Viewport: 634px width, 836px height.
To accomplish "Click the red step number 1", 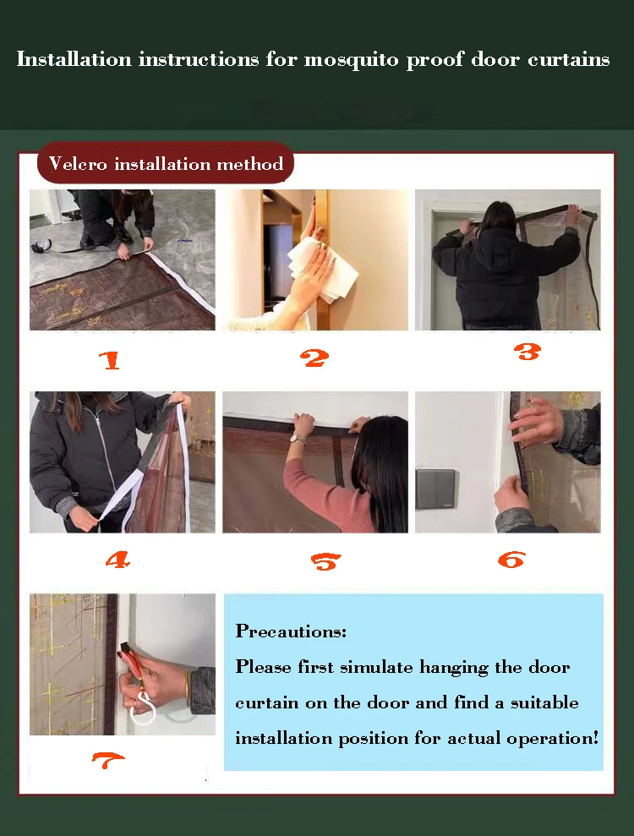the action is pos(110,360).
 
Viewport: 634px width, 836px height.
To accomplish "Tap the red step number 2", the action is pos(314,358).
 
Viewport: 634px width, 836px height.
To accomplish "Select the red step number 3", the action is pos(527,352).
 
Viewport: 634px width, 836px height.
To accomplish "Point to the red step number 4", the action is pos(118,560).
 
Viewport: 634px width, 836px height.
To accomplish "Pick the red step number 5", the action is pos(325,561).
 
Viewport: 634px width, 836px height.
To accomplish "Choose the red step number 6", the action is pos(512,560).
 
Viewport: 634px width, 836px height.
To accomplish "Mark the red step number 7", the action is pos(107,760).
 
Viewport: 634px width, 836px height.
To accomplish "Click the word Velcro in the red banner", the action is pos(78,163).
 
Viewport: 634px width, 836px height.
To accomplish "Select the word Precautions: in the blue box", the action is pos(291,631).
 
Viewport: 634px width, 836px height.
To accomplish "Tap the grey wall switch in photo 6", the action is pos(435,489).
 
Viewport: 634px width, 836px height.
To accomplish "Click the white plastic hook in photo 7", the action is pos(143,708).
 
